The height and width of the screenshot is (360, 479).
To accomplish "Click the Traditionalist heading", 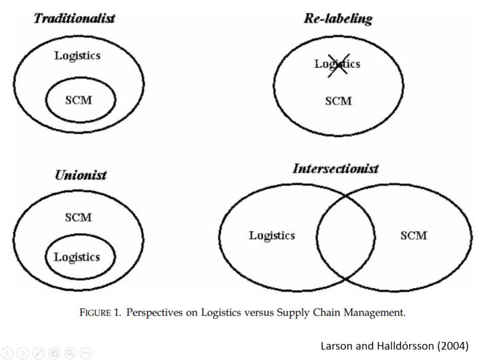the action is [75, 19].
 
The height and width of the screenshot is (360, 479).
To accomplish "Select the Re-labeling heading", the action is [338, 19].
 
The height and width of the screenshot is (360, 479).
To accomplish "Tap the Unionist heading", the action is [81, 175].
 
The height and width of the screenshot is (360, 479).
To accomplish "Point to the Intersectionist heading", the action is [336, 168].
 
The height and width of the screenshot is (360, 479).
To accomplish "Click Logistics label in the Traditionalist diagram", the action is [77, 56].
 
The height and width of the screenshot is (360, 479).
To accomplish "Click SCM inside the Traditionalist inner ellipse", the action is [79, 100].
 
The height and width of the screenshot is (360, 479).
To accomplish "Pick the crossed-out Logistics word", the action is [337, 64].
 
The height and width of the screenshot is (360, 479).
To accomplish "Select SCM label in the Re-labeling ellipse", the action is [339, 101].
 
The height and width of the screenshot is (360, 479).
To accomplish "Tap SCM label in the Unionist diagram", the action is [79, 218].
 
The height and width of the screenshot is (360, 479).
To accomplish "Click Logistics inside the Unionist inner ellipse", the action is [77, 258].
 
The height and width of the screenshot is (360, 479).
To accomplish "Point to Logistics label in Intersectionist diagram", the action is [272, 236].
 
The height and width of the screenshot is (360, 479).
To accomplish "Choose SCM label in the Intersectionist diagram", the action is [414, 236].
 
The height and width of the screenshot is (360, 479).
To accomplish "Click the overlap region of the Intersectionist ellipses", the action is [345, 237].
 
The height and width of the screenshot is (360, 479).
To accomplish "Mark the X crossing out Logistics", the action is [339, 65].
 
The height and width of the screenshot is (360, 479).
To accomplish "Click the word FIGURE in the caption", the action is [95, 313].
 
